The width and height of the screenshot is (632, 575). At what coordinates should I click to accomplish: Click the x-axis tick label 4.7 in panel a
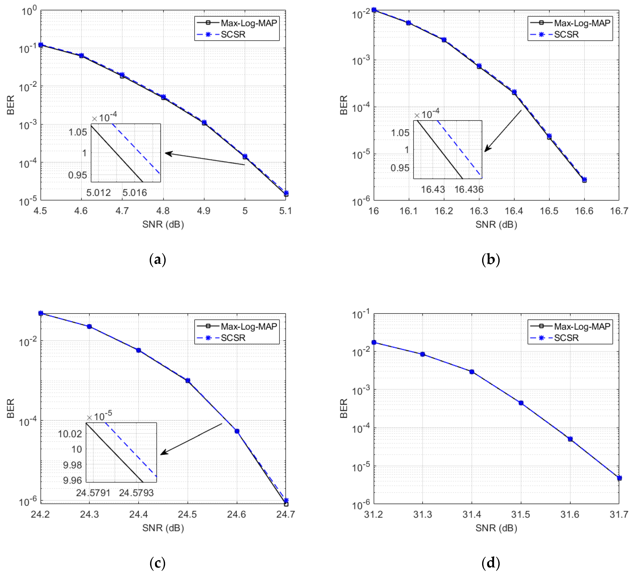pos(122,211)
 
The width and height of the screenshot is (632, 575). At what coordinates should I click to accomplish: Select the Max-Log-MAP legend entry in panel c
pos(249,327)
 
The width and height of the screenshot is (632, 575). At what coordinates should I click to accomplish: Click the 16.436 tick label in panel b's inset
pos(469,189)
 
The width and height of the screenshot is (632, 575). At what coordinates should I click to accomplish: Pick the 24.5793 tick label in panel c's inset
pos(136,493)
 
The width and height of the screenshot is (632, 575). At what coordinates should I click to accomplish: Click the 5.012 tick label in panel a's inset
pos(98,192)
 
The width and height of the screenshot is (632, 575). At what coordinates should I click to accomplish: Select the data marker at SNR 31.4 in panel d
pos(472,372)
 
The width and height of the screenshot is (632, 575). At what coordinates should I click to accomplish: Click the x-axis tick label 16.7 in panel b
pos(619,211)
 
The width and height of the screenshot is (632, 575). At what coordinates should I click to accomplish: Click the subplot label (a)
pos(157,260)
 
